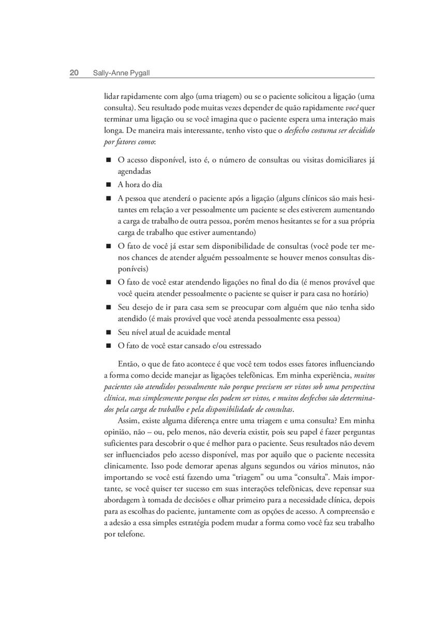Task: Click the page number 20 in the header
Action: [x=74, y=73]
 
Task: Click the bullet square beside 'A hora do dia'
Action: [x=109, y=184]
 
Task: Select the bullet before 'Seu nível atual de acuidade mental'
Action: [x=109, y=332]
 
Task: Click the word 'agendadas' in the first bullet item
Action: [x=135, y=171]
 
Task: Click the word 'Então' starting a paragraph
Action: [x=129, y=364]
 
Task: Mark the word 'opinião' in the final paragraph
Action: [x=117, y=432]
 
